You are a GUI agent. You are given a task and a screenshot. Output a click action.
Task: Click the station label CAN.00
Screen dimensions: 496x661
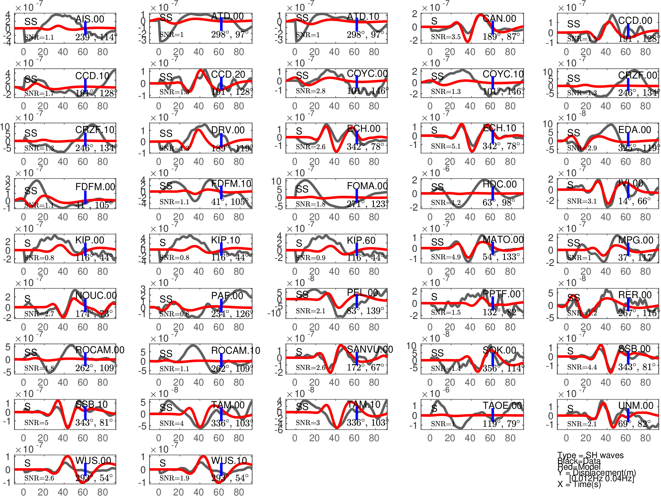pos(499,19)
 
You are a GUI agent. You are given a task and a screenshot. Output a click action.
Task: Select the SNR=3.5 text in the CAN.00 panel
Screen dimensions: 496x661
pos(446,37)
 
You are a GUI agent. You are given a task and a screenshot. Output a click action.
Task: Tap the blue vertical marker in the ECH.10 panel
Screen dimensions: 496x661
pos(492,136)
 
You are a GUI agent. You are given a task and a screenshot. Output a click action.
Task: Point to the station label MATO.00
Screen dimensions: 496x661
pos(503,240)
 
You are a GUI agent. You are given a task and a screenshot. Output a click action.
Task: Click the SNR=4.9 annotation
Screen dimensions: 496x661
pos(446,257)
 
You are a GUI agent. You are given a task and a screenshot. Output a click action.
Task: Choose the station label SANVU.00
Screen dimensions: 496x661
pos(370,349)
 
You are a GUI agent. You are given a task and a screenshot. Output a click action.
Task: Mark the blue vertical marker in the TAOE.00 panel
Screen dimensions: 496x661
pos(492,415)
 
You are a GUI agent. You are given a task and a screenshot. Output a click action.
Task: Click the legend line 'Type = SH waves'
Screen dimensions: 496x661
pos(590,455)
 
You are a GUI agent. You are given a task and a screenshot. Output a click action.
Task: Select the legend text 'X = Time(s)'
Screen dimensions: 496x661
pos(579,484)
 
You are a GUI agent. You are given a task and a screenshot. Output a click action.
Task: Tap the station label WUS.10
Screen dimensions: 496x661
pos(229,460)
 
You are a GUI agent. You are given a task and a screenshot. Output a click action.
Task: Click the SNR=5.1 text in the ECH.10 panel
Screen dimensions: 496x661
pos(446,146)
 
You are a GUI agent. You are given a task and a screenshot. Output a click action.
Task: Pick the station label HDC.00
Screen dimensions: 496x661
pos(499,184)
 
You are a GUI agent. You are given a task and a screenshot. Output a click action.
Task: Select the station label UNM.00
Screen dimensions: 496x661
pos(636,405)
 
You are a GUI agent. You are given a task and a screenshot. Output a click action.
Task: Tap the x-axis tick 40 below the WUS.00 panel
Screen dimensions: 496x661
pos(63,492)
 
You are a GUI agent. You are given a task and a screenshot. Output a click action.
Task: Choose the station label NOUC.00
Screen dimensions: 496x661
pos(96,296)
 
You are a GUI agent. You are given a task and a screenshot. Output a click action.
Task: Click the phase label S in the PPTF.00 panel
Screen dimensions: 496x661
pos(434,297)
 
